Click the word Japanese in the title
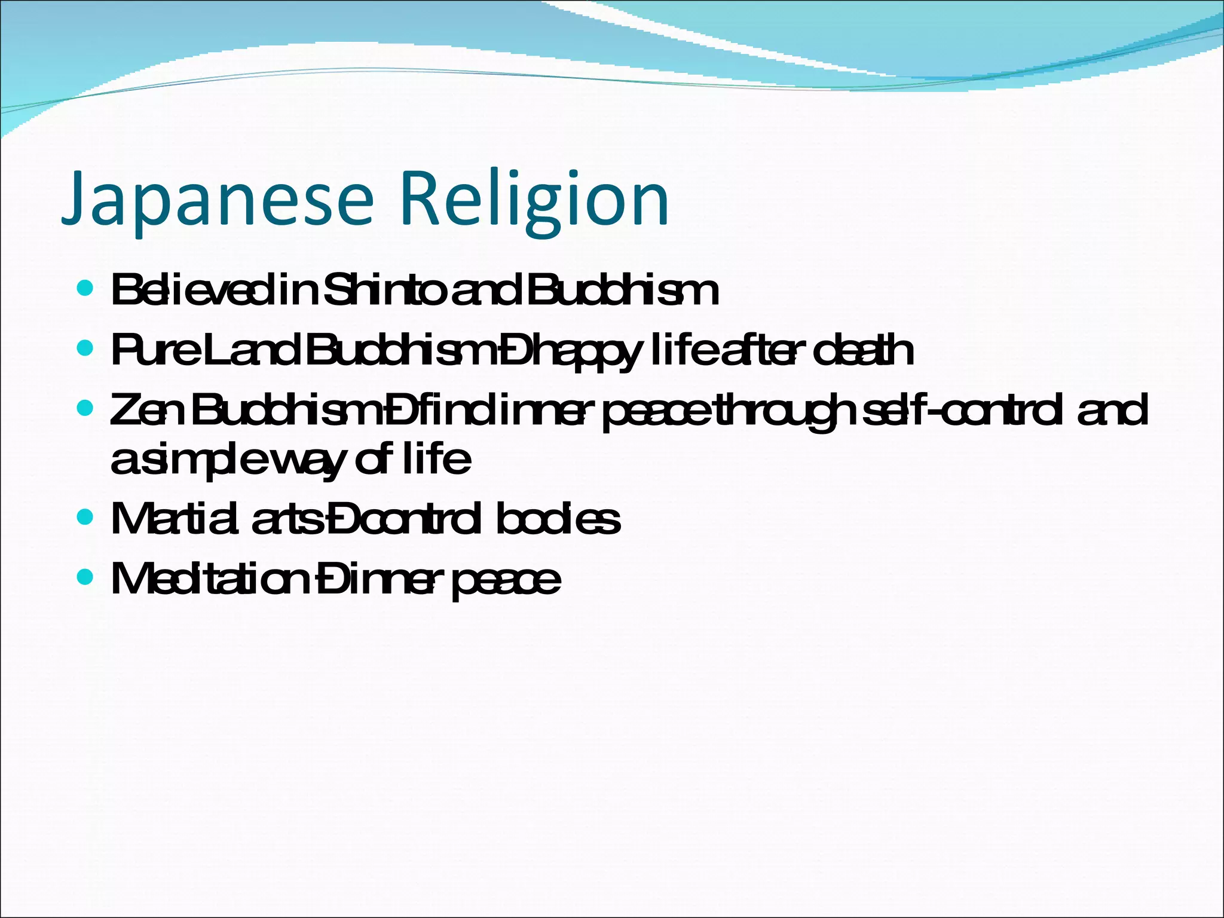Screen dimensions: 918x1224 click(218, 198)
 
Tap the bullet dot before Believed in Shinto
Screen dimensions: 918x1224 click(85, 289)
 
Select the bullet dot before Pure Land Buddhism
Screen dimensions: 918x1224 click(85, 348)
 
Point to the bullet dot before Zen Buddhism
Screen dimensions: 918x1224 click(85, 409)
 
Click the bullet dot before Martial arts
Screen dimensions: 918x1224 click(85, 517)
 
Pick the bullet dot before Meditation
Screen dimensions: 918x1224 click(85, 577)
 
